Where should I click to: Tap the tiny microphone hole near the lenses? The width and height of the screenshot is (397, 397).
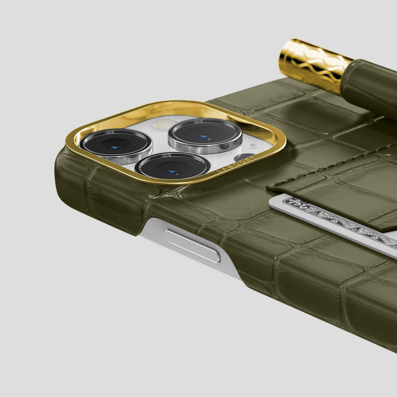pos(252,145)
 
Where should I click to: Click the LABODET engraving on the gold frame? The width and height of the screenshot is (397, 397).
pos(236,164)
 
